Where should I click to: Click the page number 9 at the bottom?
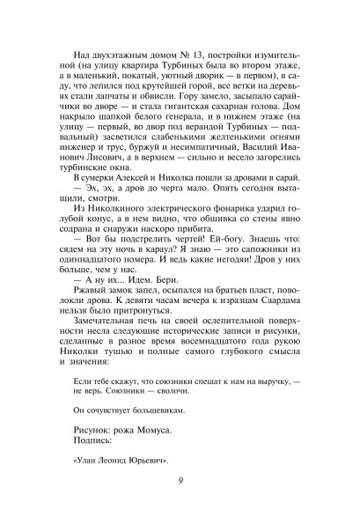180,479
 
